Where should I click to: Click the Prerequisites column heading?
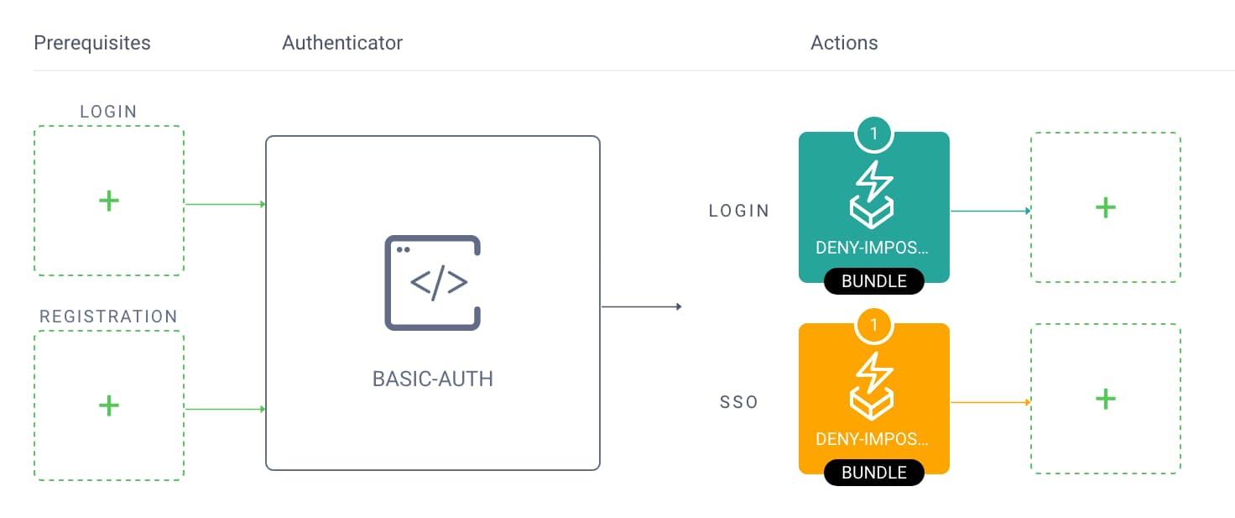coord(92,43)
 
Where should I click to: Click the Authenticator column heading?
coord(342,43)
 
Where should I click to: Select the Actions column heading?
coord(844,43)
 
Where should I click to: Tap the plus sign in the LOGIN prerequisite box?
coord(108,201)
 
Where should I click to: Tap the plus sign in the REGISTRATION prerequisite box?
coord(108,406)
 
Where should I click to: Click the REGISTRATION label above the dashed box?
coord(109,317)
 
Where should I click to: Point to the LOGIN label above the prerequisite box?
coord(108,112)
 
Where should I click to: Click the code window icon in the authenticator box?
coord(433,283)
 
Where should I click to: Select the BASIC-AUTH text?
coord(433,379)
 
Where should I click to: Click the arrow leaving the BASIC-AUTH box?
coord(642,306)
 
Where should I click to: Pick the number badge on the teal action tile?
coord(874,133)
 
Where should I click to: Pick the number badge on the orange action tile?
coord(874,325)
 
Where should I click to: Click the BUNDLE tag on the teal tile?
coord(874,281)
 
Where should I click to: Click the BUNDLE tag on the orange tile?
coord(874,473)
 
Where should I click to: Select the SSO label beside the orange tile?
coord(739,402)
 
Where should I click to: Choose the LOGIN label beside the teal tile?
coord(739,211)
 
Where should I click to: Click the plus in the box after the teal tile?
coord(1106,207)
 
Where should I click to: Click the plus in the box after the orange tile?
coord(1106,399)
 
